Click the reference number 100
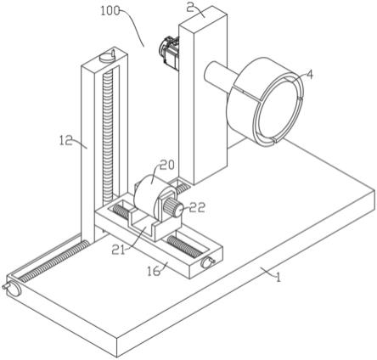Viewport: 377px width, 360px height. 110,11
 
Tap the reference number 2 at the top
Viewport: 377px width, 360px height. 190,8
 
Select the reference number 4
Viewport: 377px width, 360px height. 310,75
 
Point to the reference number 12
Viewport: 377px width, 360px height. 65,140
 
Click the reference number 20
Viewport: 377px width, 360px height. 167,165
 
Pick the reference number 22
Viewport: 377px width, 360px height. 197,207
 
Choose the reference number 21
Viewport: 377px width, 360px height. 118,249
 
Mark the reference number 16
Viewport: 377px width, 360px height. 154,271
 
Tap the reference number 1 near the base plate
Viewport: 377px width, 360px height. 279,277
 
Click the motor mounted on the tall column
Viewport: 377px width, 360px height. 169,53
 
